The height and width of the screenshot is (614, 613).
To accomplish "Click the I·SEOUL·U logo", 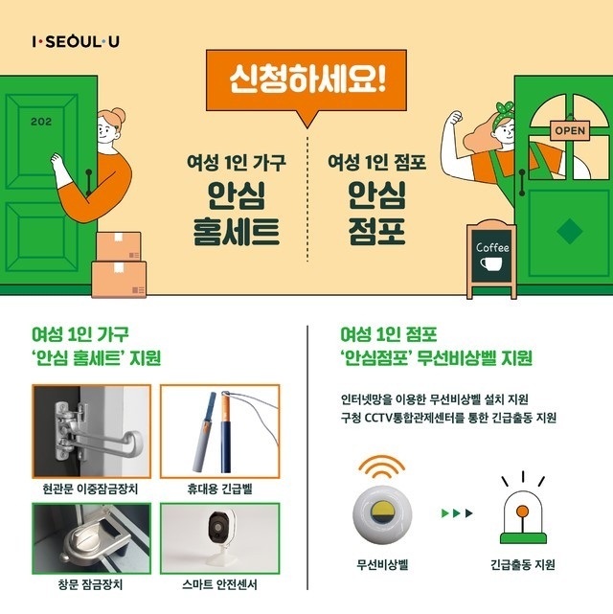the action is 76,41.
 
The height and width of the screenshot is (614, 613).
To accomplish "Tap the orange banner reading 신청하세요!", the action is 306,80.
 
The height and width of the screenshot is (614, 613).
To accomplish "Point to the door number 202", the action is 41,122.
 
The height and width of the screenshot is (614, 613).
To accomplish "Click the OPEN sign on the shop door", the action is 570,131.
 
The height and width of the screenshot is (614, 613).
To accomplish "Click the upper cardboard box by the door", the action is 119,246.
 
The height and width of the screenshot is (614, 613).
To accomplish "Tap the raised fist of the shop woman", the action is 454,118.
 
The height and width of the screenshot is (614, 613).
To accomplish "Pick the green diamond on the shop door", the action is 570,232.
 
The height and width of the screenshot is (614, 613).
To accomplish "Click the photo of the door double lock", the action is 92,431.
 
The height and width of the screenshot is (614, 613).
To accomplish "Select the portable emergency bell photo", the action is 219,431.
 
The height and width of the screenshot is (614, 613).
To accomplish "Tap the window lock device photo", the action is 92,539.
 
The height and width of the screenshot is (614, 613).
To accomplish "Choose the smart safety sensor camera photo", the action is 219,539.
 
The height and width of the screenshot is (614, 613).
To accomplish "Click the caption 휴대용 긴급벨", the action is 219,489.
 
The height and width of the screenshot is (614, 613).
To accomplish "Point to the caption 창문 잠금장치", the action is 90,584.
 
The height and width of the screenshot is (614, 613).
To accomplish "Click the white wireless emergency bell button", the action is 382,515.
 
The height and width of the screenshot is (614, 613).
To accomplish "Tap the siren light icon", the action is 523,508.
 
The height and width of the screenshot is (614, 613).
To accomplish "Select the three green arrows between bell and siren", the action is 457,513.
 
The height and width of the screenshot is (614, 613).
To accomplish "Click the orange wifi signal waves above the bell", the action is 381,466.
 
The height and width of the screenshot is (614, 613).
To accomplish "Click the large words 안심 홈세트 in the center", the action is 237,213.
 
